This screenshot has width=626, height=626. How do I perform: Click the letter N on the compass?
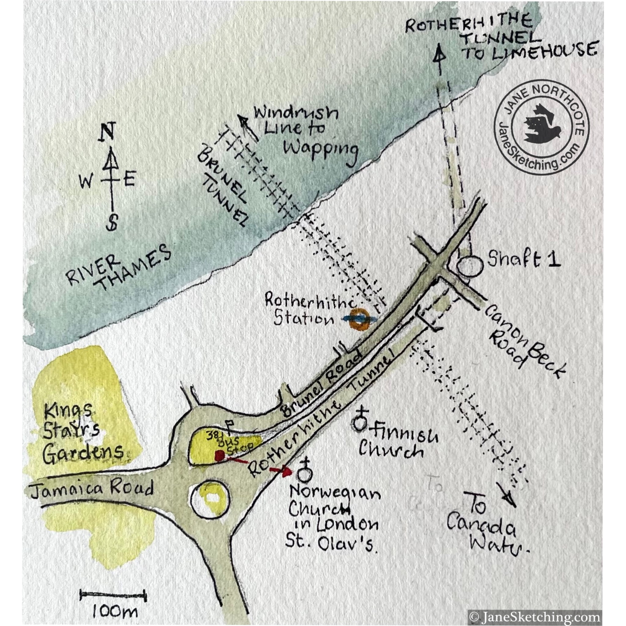[x=111, y=131]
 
